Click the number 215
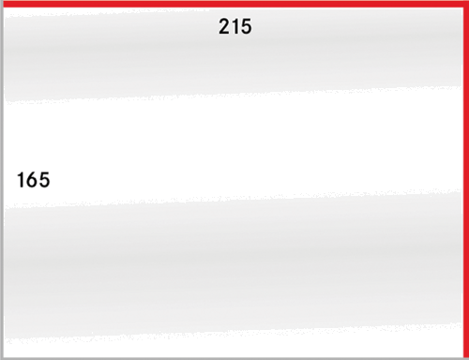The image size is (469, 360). pyautogui.click(x=235, y=27)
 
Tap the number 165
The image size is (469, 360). pyautogui.click(x=33, y=180)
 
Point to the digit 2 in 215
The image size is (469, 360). pyautogui.click(x=225, y=27)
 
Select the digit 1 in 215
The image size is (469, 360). pyautogui.click(x=235, y=27)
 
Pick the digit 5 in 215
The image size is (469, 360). pyautogui.click(x=246, y=27)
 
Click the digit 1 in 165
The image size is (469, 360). pyautogui.click(x=21, y=180)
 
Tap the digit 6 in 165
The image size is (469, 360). pyautogui.click(x=32, y=180)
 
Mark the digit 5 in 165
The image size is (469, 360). pyautogui.click(x=43, y=180)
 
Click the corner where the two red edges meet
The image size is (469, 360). pyautogui.click(x=464, y=4)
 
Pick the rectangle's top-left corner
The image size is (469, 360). pyautogui.click(x=2, y=3)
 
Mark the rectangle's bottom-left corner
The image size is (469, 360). pyautogui.click(x=2, y=357)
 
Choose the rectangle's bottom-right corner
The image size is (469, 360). pyautogui.click(x=465, y=357)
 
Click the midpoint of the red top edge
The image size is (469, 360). pyautogui.click(x=234, y=4)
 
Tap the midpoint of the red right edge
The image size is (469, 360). pyautogui.click(x=464, y=180)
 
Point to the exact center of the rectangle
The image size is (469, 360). pyautogui.click(x=234, y=180)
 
